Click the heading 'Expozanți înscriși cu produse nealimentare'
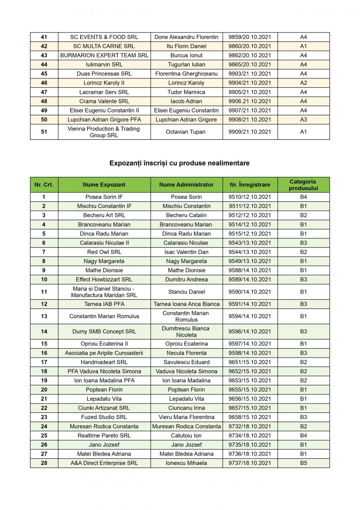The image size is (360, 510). click(180, 163)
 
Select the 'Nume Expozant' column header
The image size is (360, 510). click(104, 185)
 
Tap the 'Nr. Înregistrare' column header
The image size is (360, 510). click(250, 185)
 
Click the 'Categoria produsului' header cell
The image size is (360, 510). click(303, 185)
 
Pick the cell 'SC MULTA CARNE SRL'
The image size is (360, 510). click(104, 46)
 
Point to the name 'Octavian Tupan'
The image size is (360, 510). click(186, 132)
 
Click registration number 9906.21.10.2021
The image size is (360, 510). click(250, 101)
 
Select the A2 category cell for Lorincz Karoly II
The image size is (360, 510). click(303, 83)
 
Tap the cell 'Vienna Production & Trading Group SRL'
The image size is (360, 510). click(104, 132)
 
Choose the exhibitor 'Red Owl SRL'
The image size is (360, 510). click(104, 252)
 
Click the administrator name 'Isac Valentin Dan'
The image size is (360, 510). click(187, 252)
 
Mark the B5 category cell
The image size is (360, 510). click(303, 463)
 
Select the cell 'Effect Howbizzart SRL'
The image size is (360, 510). click(104, 280)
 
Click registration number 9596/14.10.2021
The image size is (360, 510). click(250, 331)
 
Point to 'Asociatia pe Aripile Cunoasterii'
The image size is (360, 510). click(104, 353)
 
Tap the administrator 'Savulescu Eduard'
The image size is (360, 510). click(187, 362)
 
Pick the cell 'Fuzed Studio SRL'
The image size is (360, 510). click(104, 417)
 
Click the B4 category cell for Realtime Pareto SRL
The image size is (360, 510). click(303, 435)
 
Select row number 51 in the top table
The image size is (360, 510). click(44, 132)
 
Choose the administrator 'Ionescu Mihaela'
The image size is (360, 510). click(187, 463)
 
